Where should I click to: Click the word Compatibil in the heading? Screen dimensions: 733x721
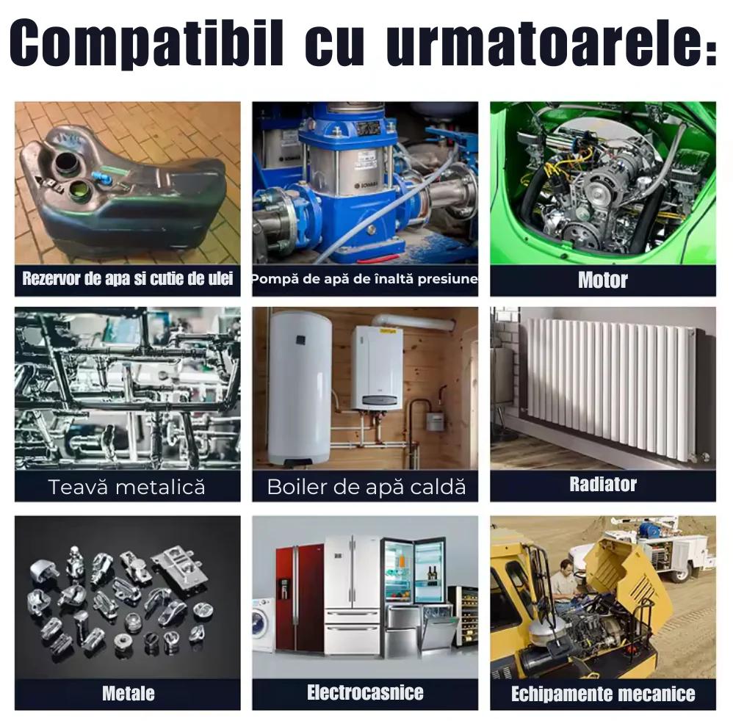click(x=146, y=43)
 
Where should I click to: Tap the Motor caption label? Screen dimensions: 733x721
click(x=602, y=280)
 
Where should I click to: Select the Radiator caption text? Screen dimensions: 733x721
click(x=602, y=484)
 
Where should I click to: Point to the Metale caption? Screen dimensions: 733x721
click(x=128, y=693)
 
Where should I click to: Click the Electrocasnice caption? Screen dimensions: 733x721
click(x=365, y=692)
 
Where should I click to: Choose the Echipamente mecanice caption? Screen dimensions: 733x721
click(x=603, y=693)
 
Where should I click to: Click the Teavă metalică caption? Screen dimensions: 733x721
click(x=126, y=487)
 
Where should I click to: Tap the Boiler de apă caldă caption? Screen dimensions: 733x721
click(x=366, y=487)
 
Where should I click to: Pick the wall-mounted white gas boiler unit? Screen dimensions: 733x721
click(x=377, y=369)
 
